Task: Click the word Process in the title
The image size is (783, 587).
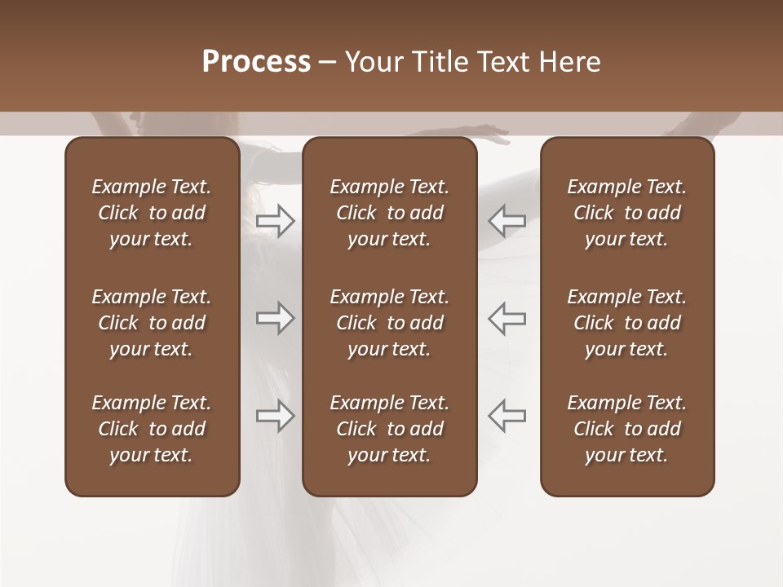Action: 256,62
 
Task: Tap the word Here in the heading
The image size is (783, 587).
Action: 570,62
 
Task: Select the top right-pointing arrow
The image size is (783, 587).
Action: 275,220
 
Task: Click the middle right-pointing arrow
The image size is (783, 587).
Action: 275,318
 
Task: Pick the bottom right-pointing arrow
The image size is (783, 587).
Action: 275,416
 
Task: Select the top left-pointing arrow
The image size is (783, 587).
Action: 507,220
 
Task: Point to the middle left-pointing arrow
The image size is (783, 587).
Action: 507,318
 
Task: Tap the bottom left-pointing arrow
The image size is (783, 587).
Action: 507,416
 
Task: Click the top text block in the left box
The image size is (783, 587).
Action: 152,213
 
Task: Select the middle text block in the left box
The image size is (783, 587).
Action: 152,323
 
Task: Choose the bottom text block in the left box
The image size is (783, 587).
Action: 152,429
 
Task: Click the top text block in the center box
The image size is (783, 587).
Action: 389,213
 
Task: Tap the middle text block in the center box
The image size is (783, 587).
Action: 389,323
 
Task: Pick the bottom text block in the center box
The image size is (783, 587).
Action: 389,429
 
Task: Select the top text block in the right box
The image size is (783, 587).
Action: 626,213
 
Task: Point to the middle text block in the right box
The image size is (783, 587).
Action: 626,323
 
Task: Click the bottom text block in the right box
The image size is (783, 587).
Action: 626,429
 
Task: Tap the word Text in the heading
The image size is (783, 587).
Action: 502,62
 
